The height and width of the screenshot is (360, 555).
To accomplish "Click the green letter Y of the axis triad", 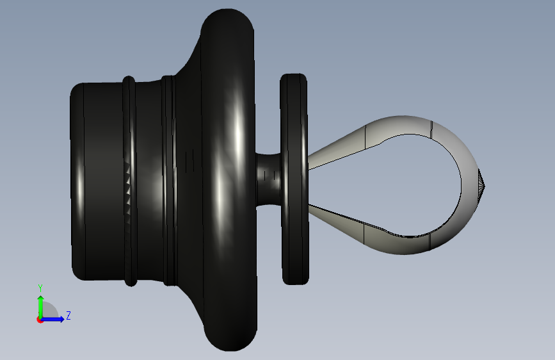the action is point(40,288).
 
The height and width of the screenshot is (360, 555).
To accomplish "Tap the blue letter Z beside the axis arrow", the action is point(68,315).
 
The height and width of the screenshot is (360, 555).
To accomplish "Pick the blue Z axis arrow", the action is point(52,319).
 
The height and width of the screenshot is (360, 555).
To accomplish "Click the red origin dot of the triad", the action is point(40,320).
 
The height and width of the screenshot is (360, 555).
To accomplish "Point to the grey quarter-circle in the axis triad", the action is point(49,310).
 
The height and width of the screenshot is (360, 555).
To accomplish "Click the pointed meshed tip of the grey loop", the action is point(482,185).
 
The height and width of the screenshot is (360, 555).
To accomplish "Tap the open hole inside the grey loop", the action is point(417,185).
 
